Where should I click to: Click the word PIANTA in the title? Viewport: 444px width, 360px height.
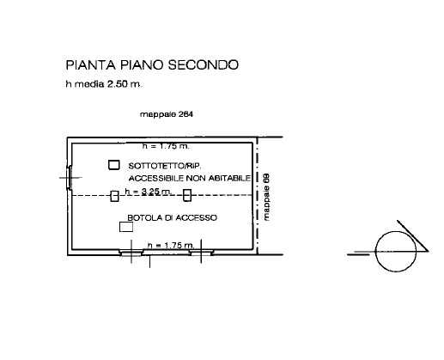coord(90,65)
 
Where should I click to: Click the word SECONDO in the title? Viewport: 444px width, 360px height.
coord(204,65)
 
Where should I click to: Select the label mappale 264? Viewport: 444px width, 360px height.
coord(167,114)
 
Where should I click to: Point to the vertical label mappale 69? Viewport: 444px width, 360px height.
coord(266,197)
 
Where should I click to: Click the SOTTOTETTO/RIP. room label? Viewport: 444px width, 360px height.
coord(165,166)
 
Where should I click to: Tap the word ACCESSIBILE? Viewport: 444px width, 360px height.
coord(156,179)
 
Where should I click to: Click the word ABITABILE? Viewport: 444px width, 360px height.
coord(229,178)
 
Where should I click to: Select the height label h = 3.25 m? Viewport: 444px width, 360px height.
coord(148,192)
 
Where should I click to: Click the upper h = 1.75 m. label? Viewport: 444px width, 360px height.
coord(166,146)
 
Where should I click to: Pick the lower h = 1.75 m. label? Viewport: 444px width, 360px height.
coord(171,246)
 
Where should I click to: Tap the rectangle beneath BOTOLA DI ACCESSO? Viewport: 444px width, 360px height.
coord(126,227)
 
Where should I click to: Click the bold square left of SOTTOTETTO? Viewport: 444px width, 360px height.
coord(114,165)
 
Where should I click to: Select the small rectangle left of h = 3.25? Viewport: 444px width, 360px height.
coord(114,196)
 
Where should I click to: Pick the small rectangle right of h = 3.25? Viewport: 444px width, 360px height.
coord(187,195)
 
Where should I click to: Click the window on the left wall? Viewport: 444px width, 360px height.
coord(69,178)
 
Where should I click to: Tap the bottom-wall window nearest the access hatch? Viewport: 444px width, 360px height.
coord(131,253)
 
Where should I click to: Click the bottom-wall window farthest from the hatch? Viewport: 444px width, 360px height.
coord(201,253)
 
